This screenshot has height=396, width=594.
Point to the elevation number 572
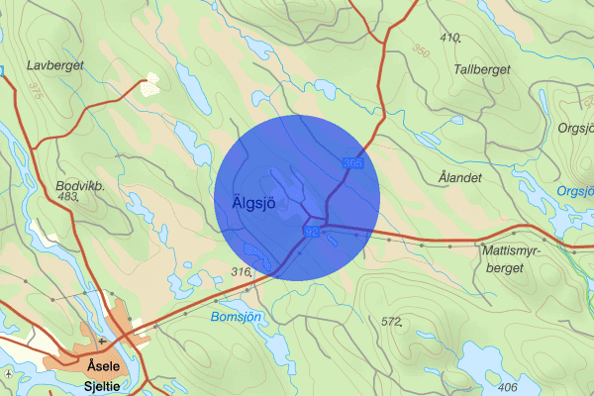point(392,321)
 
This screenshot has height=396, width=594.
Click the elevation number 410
point(451,38)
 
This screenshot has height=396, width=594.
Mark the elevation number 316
point(241,271)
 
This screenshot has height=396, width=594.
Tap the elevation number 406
point(509,387)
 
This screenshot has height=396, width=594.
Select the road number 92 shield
point(311,231)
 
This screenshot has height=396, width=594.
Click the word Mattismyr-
point(513,250)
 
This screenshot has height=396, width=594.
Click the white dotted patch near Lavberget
point(151,84)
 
